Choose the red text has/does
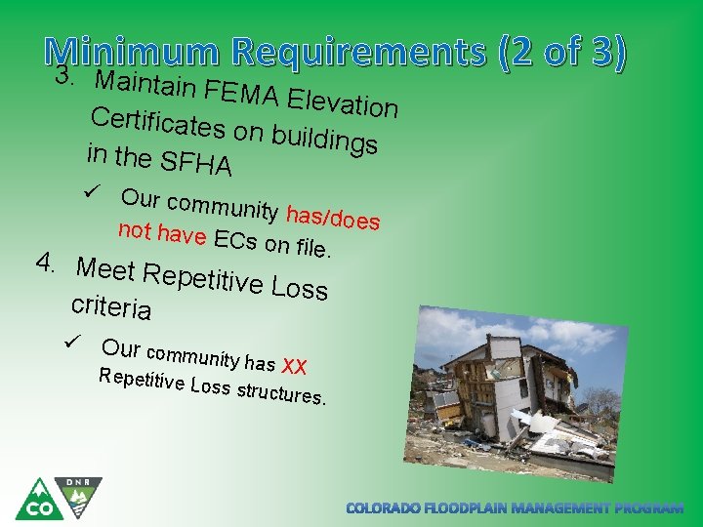coord(333,218)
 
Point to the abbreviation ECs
coord(235,240)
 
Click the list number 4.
coord(46,263)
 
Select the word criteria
coord(111,306)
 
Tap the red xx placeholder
coord(294,366)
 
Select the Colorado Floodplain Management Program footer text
coord(516,508)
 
